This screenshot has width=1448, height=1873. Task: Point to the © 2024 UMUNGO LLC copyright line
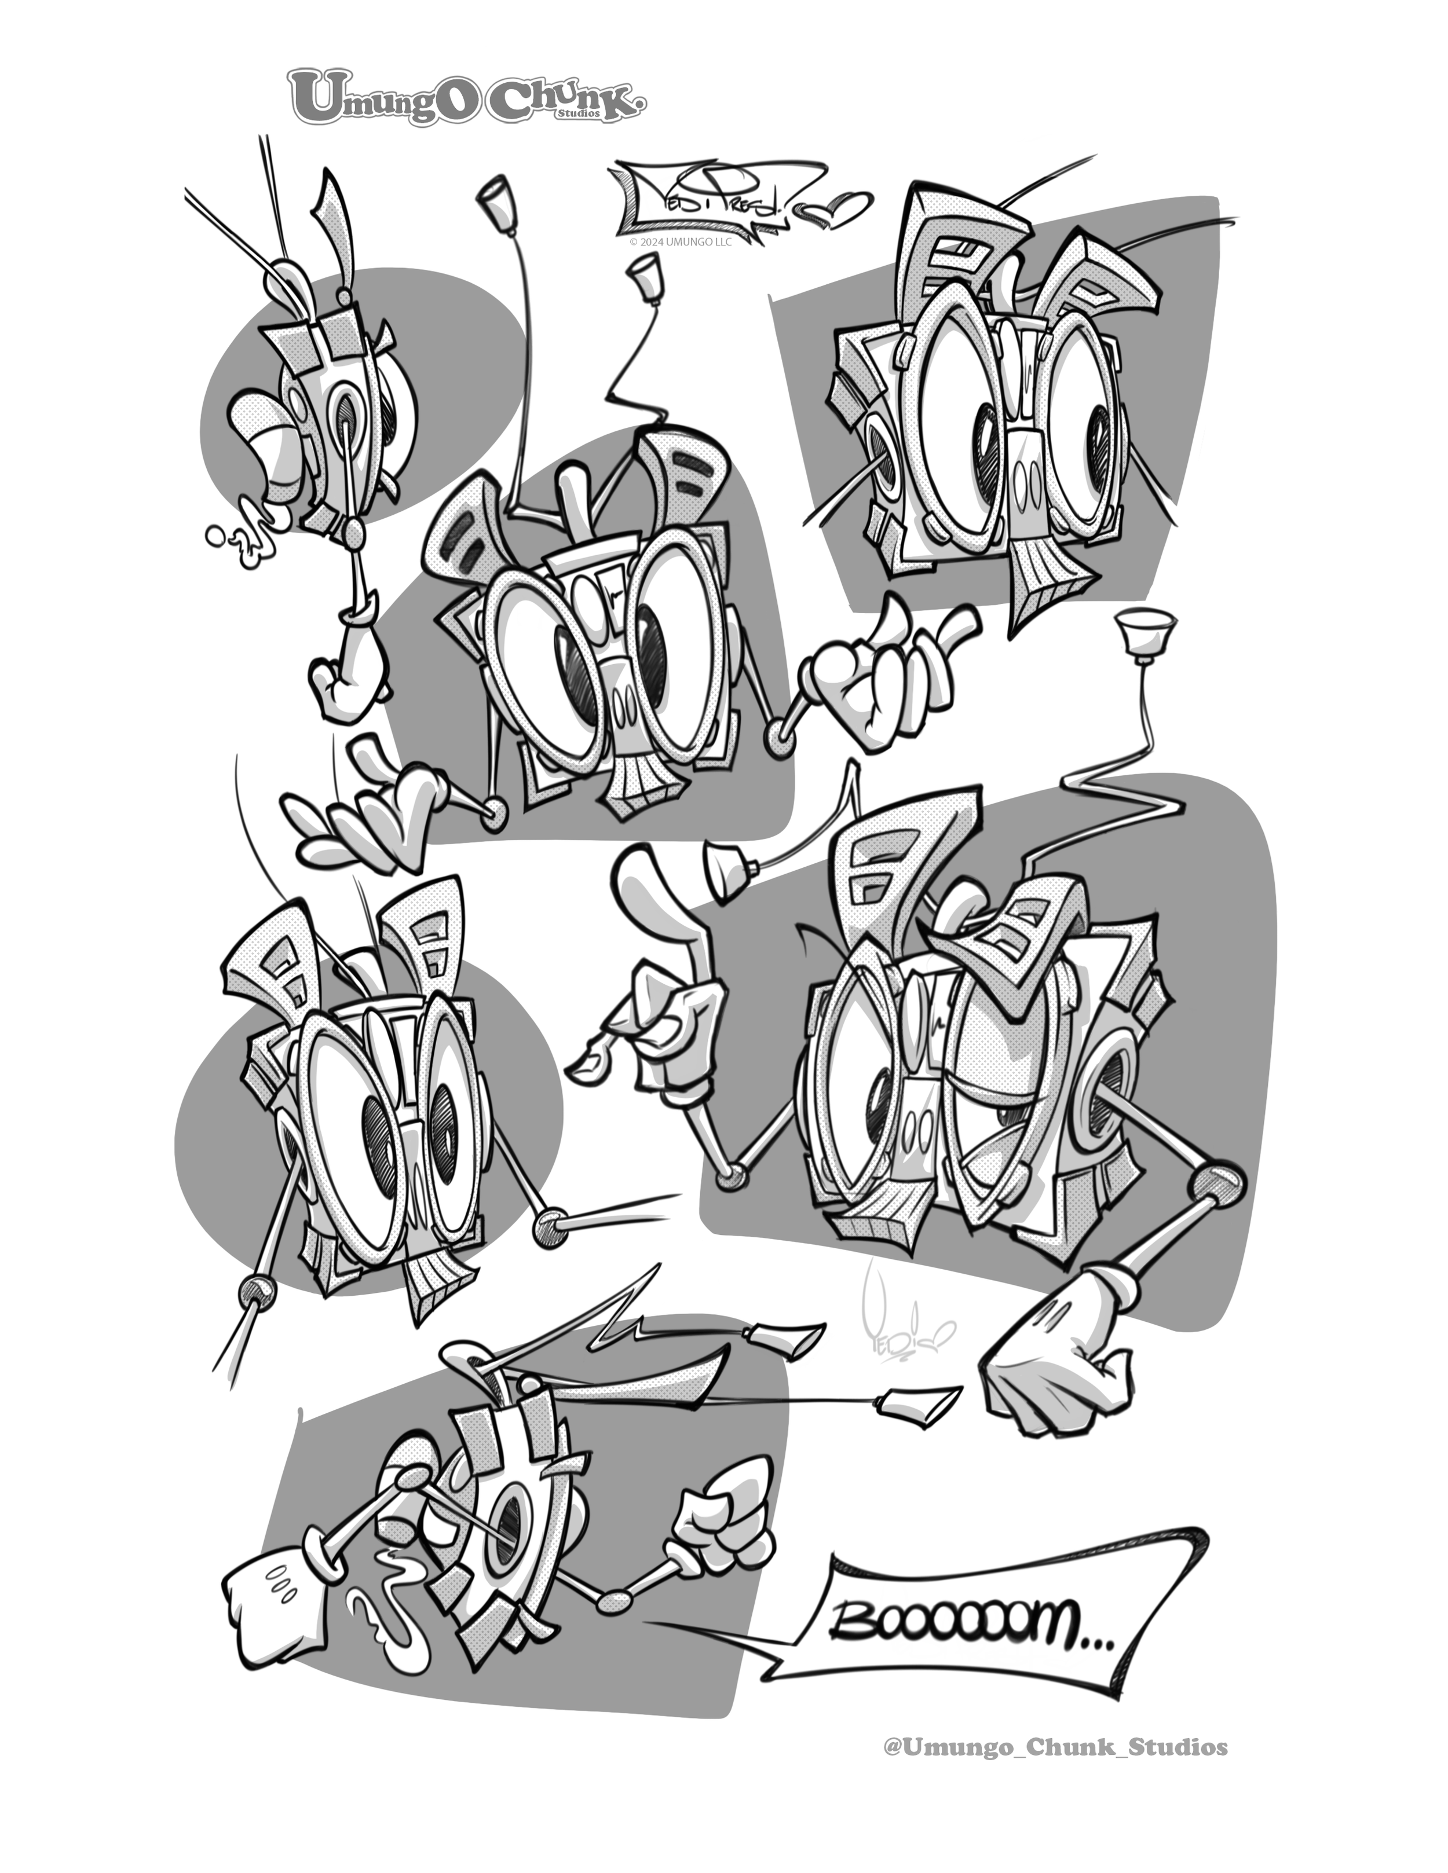[x=680, y=243]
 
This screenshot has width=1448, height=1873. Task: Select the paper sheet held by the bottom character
[x=273, y=1599]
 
